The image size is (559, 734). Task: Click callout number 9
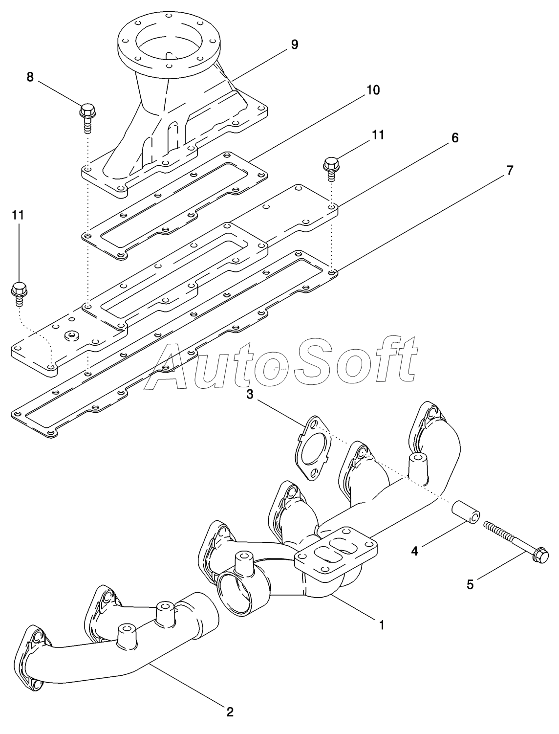[x=294, y=44]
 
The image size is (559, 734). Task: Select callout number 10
[x=373, y=90]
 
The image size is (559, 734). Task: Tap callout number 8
[x=30, y=77]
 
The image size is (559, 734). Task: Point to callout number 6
[x=454, y=138]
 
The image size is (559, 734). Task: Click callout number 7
[x=509, y=171]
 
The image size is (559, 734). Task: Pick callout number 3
[x=250, y=395]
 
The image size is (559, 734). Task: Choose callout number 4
[x=414, y=551]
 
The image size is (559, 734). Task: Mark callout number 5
[x=470, y=584]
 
